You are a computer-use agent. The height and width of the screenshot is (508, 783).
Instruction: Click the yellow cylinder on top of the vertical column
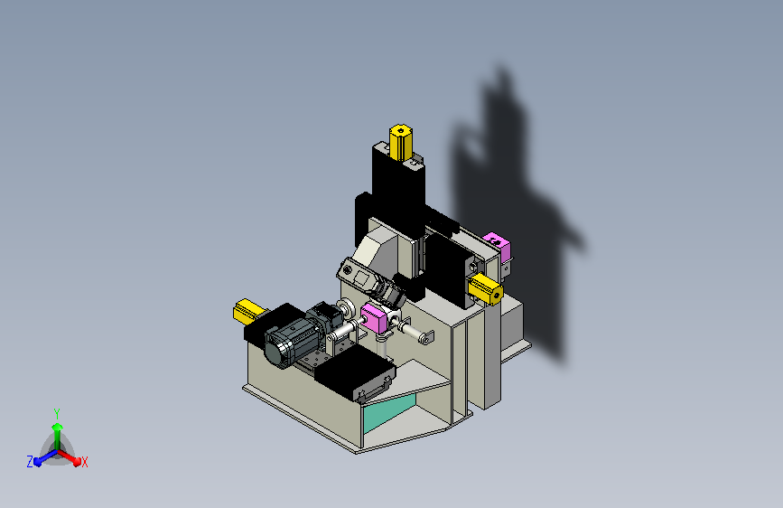click(400, 142)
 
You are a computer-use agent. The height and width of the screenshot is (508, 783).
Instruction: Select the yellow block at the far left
click(248, 311)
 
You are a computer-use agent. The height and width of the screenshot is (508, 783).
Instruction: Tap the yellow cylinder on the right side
click(485, 288)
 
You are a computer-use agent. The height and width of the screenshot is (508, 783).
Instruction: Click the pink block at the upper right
click(497, 247)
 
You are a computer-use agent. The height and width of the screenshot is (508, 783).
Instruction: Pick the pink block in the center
click(374, 318)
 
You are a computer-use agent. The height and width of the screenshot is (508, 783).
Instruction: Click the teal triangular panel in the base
click(389, 413)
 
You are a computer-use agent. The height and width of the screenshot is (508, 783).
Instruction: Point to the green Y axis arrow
click(58, 435)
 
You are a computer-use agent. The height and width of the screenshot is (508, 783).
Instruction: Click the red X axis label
click(84, 462)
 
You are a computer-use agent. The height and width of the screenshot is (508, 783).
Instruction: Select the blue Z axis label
click(30, 462)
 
